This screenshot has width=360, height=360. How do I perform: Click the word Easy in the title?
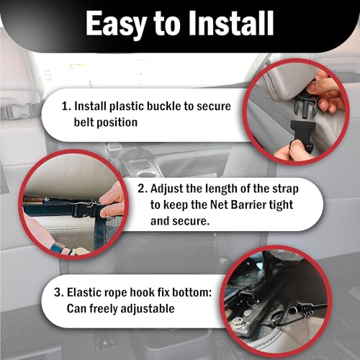[x=116, y=24]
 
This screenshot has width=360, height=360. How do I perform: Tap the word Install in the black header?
[x=230, y=24]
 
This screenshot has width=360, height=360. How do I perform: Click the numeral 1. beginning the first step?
[x=66, y=106]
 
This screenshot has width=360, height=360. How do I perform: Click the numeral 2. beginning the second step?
[x=143, y=189]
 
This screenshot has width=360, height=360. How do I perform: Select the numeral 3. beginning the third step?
[x=59, y=292]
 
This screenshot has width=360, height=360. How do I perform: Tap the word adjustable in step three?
[x=148, y=309]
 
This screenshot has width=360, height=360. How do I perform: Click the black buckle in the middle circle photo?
[x=86, y=210]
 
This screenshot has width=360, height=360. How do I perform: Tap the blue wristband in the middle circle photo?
[x=60, y=249]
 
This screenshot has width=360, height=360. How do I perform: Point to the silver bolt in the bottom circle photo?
[x=238, y=320]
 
